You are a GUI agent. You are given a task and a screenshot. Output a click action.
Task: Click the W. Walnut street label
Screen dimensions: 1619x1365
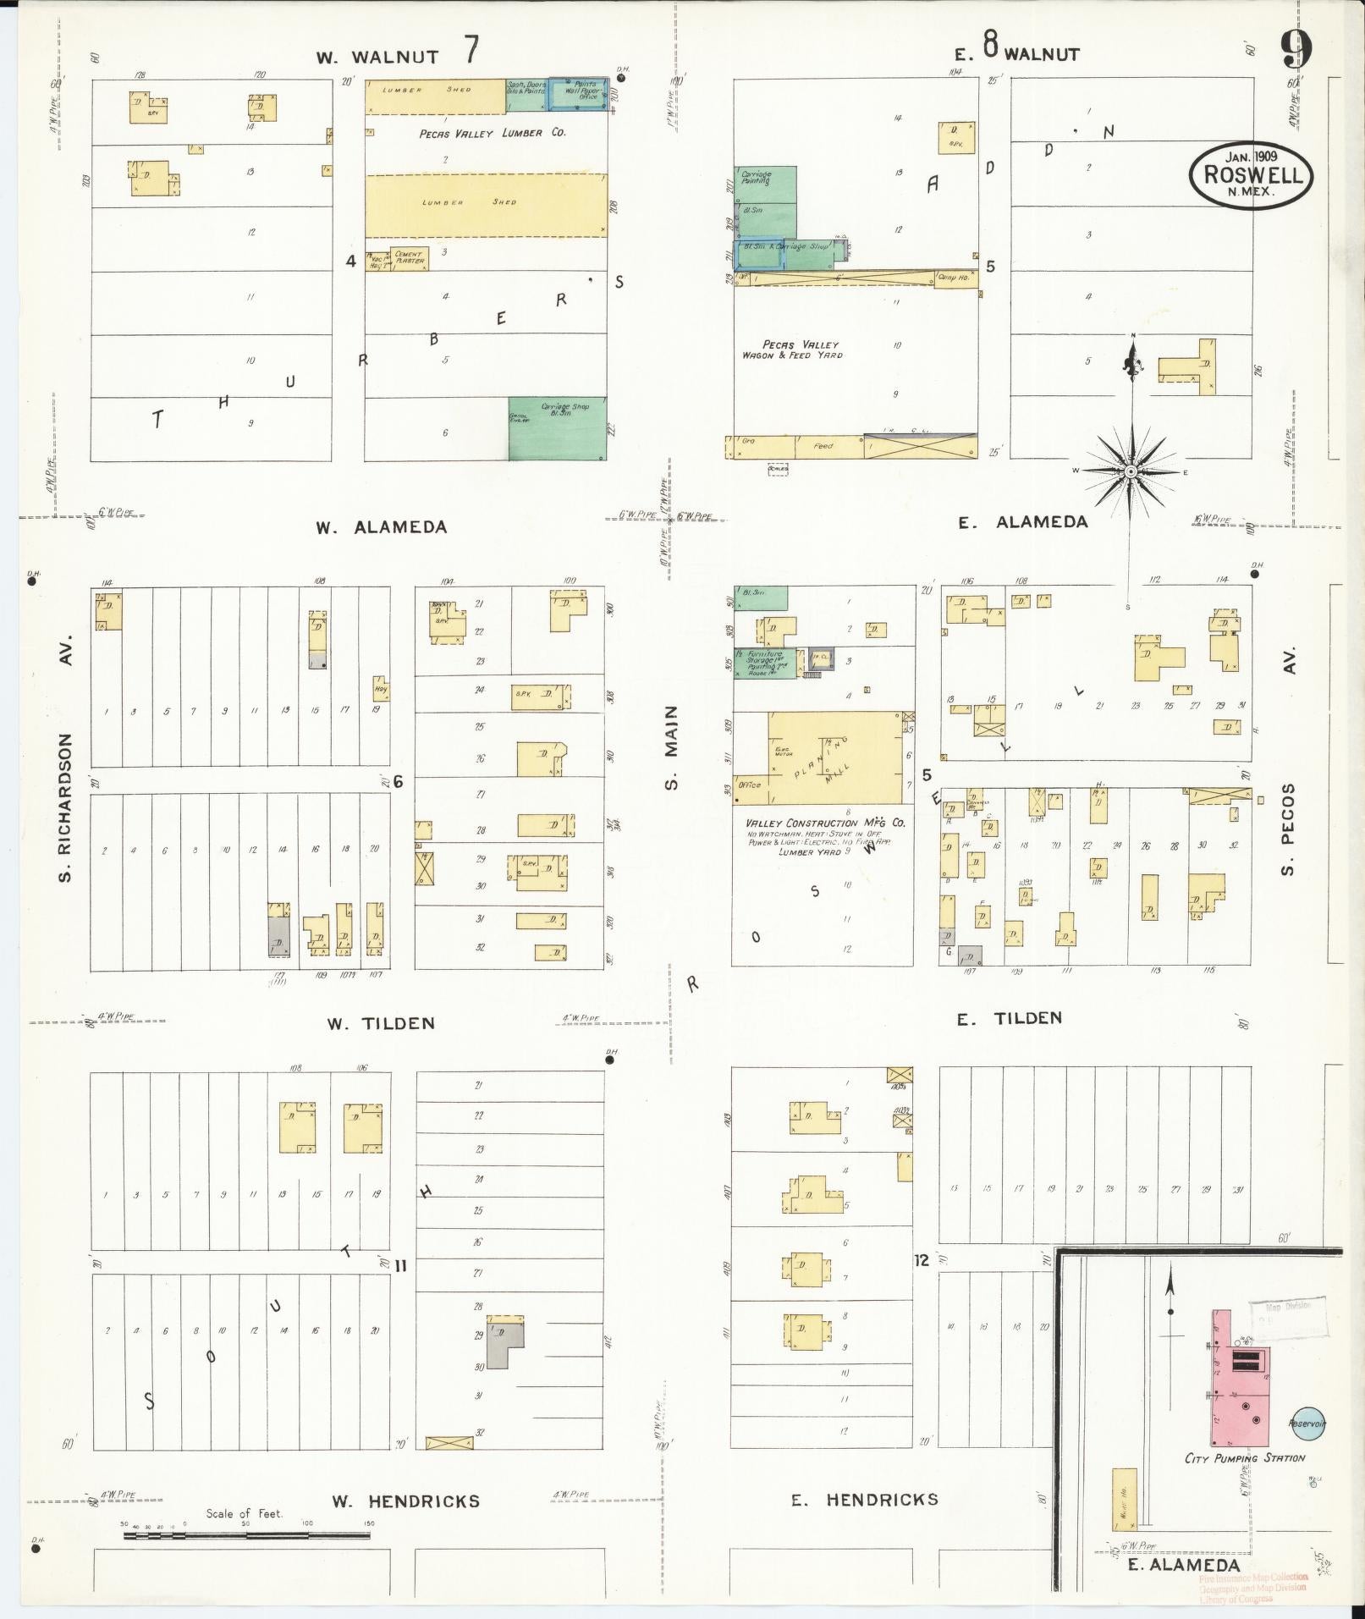pyautogui.click(x=377, y=58)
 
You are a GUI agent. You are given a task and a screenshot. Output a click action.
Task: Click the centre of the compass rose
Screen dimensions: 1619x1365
pyautogui.click(x=1131, y=471)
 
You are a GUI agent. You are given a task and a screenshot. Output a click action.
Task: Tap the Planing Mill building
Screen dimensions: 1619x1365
pyautogui.click(x=834, y=757)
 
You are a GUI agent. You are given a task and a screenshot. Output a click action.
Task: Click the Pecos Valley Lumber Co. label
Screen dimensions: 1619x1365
pyautogui.click(x=493, y=134)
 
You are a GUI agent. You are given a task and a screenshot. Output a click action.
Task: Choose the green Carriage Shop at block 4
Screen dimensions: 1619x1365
pyautogui.click(x=557, y=427)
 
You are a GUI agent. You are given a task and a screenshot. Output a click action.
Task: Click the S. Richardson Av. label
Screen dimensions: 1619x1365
pyautogui.click(x=67, y=757)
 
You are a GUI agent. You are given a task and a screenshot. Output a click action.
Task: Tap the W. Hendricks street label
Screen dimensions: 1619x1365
pyautogui.click(x=405, y=1501)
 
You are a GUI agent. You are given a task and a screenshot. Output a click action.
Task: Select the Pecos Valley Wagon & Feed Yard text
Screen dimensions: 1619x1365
pyautogui.click(x=791, y=350)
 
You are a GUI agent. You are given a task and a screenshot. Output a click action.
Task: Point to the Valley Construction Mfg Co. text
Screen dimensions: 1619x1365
pyautogui.click(x=825, y=823)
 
